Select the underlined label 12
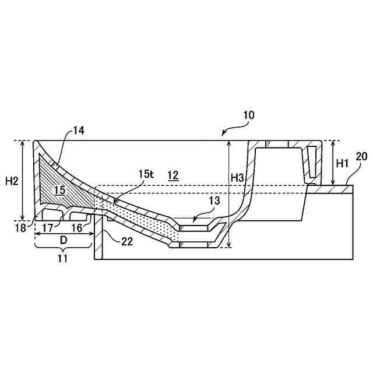173,175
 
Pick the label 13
214,200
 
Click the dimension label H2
12,181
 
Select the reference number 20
361,156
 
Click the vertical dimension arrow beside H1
332,163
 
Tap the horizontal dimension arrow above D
64,233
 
